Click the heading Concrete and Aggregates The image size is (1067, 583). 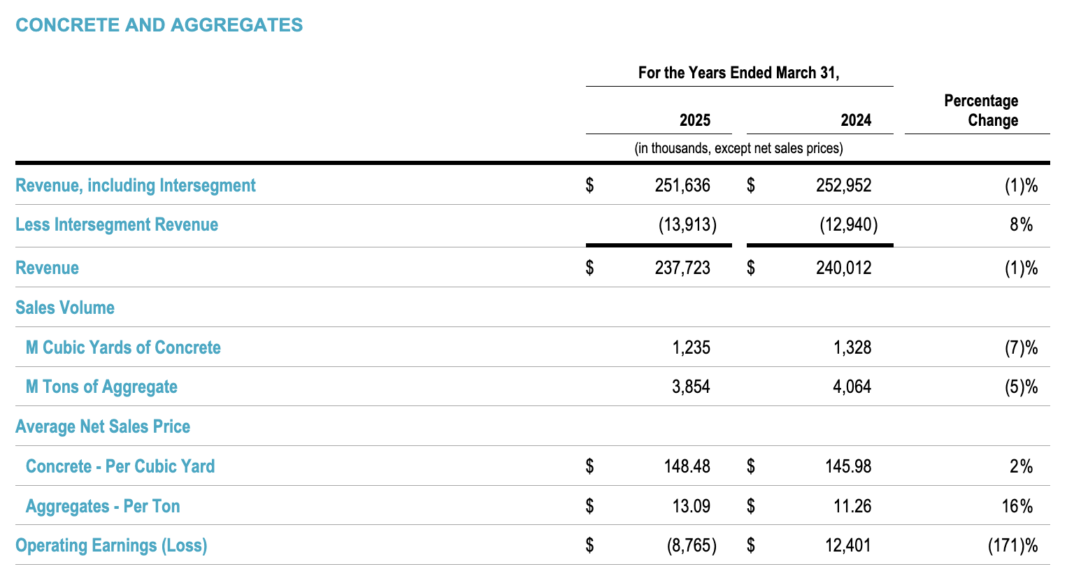click(x=159, y=25)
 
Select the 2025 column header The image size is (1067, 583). click(x=694, y=120)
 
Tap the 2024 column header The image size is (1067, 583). click(x=856, y=120)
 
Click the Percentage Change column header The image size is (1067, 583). click(x=981, y=110)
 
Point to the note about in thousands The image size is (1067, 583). click(x=738, y=148)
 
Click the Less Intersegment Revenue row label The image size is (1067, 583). click(x=117, y=224)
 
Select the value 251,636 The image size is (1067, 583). click(x=682, y=185)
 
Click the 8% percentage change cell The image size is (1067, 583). click(x=1021, y=224)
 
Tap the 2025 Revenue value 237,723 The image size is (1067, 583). click(x=682, y=268)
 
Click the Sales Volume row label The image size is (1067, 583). click(x=65, y=308)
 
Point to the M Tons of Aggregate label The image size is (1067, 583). click(x=101, y=387)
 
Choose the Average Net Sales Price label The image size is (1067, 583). click(x=103, y=426)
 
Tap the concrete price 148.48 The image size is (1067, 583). click(x=687, y=466)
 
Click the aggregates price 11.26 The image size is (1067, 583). click(x=852, y=506)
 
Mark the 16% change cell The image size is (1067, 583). click(x=1017, y=506)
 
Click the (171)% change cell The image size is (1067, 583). click(x=1012, y=545)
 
